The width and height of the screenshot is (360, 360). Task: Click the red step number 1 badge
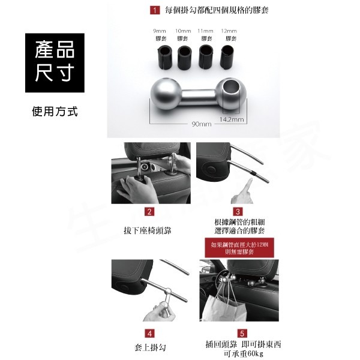(154, 10)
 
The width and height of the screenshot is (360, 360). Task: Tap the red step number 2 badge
(150, 212)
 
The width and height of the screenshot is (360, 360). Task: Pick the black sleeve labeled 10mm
(183, 55)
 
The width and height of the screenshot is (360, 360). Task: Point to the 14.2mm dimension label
(232, 119)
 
